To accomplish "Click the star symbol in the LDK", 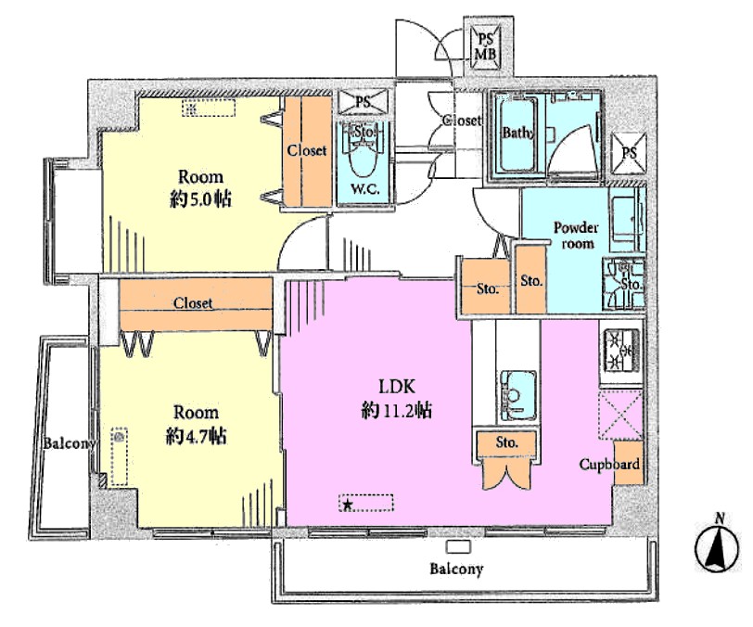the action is click(348, 505).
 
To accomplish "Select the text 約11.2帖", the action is click(396, 411).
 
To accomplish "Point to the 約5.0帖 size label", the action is click(200, 198).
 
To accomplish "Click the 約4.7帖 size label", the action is click(196, 436).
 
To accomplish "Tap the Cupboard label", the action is click(609, 465).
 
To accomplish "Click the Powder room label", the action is click(577, 235).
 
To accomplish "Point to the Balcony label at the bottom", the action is click(455, 569).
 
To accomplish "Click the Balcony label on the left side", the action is click(70, 443).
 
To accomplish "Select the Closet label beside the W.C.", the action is click(306, 150).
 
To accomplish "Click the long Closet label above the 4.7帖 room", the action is click(193, 303).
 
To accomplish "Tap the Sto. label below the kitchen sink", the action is click(506, 441).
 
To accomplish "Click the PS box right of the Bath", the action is click(629, 153).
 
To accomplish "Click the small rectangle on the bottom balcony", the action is click(458, 546).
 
